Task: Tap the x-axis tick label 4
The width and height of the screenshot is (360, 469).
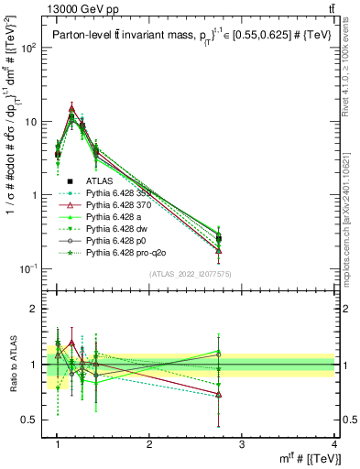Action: (x=333, y=443)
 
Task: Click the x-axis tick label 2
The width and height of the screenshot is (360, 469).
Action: (x=149, y=443)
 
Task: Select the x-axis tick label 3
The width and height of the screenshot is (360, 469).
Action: (x=242, y=443)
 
